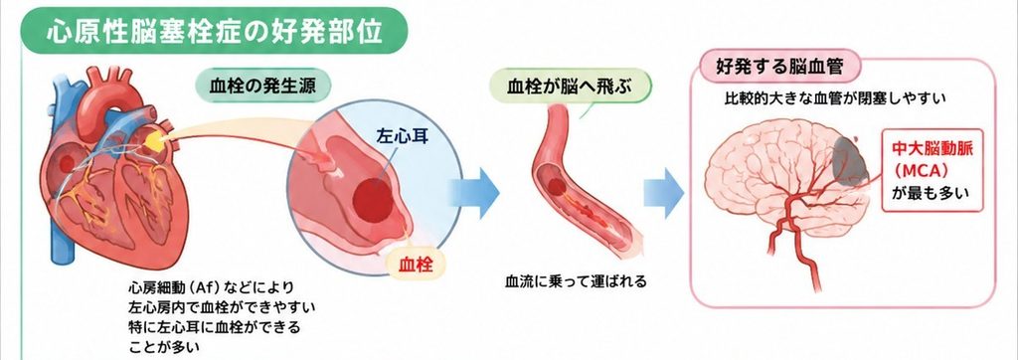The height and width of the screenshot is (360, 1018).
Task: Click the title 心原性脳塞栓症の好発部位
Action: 215,31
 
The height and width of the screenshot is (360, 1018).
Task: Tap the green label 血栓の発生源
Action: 262,87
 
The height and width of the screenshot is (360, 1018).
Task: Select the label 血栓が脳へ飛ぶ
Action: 569,87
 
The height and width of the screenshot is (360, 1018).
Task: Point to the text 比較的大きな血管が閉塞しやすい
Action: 834,98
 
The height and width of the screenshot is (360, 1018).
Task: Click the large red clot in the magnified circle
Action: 374,200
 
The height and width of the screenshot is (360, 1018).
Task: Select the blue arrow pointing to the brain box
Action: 663,193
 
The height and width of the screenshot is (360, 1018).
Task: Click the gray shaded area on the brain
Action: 851,160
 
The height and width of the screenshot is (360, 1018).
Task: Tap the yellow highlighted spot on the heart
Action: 154,140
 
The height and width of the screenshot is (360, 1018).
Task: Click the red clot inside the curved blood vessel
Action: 557,187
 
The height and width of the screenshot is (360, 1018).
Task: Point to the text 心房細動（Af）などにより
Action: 212,287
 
